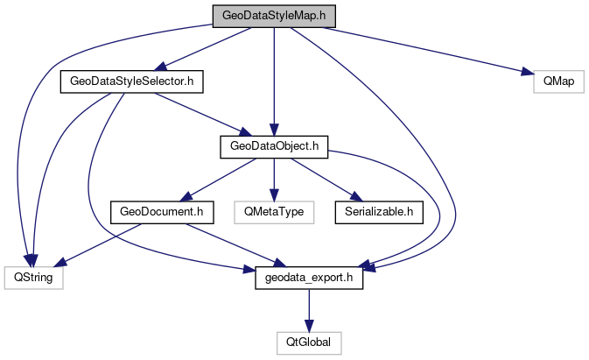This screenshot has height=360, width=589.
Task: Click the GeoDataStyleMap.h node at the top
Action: click(274, 16)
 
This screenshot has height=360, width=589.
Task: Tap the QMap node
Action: click(557, 81)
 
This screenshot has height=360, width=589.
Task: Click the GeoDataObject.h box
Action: click(273, 146)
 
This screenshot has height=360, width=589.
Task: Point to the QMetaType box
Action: click(273, 211)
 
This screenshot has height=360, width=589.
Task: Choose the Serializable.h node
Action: click(377, 211)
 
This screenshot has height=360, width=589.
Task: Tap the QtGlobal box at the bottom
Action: click(308, 342)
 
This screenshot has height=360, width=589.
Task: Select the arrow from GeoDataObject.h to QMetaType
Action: click(273, 179)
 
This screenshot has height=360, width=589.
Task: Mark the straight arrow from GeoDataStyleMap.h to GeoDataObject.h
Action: click(274, 79)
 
